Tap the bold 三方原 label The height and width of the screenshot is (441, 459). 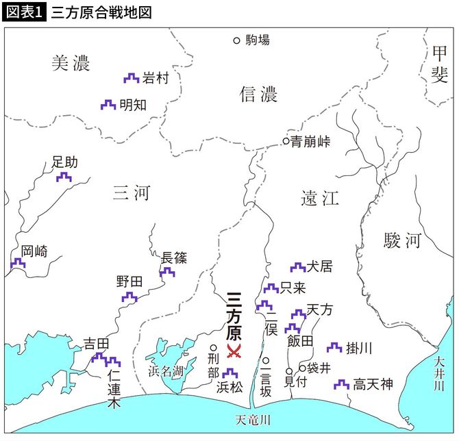[x=234, y=318]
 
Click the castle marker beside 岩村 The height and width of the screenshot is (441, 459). [x=131, y=79]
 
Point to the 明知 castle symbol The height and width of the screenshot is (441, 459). [x=108, y=105]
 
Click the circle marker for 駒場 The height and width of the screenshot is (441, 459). [x=237, y=40]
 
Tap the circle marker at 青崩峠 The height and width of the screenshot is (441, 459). [x=286, y=142]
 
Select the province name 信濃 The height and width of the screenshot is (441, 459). [x=258, y=94]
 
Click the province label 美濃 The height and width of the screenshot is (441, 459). [x=71, y=64]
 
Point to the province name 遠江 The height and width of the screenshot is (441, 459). [x=320, y=199]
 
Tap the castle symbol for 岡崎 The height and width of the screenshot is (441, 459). [x=18, y=262]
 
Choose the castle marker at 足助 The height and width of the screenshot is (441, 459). [x=64, y=177]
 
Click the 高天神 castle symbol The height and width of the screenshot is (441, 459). [x=340, y=386]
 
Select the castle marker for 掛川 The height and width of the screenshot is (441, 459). [x=334, y=348]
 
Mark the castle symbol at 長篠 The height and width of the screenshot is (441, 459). [x=166, y=272]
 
